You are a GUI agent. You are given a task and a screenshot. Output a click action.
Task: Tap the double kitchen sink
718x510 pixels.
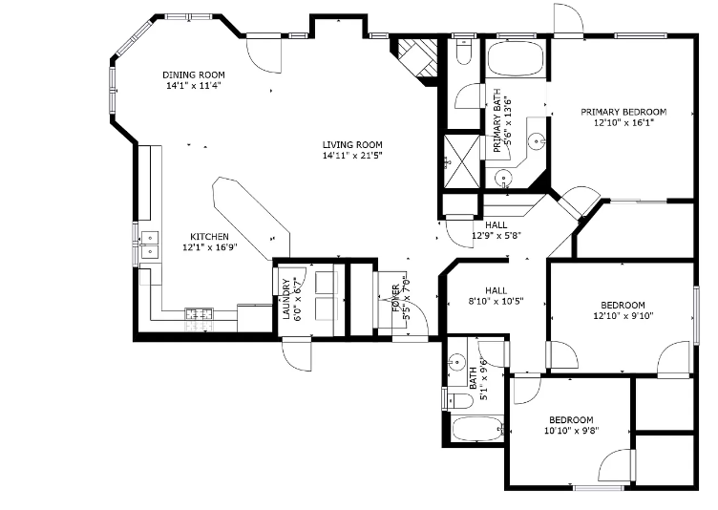tap(149, 245)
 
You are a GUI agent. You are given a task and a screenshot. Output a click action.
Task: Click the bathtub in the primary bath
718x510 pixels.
tap(516, 62)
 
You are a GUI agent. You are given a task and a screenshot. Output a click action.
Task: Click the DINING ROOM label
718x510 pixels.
tap(193, 75)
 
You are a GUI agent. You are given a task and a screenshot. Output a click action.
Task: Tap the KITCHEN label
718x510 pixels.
tap(209, 236)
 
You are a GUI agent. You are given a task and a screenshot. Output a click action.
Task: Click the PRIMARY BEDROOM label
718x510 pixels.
tap(623, 112)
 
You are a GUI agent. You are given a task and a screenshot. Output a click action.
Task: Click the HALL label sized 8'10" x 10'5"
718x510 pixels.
tap(496, 290)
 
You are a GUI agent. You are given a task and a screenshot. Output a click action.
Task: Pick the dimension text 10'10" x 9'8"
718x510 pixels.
tap(570, 431)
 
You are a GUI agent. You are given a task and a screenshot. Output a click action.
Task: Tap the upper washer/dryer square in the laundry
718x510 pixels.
tap(326, 283)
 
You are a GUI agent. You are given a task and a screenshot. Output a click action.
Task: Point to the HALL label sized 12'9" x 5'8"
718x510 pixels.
tap(496, 224)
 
